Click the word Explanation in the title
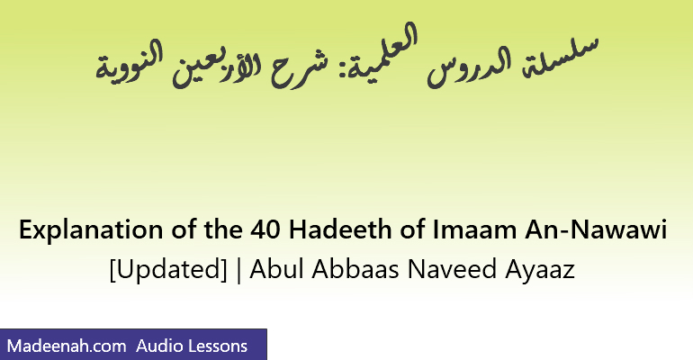coord(91,230)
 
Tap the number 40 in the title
coord(265,229)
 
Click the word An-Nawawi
coord(596,229)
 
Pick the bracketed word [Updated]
coord(168,269)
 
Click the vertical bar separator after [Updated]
coord(239,269)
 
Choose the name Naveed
coord(452,268)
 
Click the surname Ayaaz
coord(540,270)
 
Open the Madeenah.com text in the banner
coord(67,346)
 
